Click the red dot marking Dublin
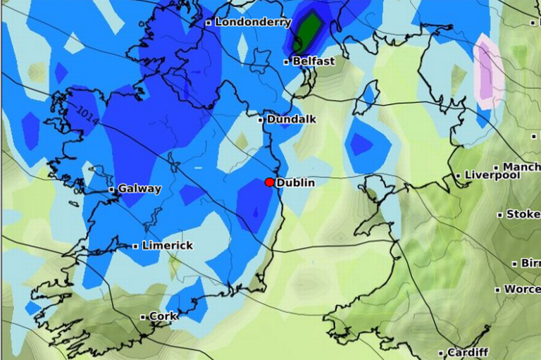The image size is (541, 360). coord(269,182)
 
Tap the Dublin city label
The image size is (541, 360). coord(295,182)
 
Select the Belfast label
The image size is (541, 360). coord(313,61)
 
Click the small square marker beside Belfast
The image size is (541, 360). coord(287,62)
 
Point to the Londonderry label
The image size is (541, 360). coord(253,22)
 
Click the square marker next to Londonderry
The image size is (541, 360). coord(209,23)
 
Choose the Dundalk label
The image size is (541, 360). coord(290,119)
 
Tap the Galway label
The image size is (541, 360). coord(139,189)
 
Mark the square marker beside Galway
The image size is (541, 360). coord(111,190)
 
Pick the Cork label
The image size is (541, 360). coord(163,316)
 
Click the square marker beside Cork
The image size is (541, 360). coord(142,317)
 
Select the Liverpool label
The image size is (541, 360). coord(492,175)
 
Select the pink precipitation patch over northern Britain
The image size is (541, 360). coord(487,70)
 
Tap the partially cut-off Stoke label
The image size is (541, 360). coord(523,213)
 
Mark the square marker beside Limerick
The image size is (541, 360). coord(135,246)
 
